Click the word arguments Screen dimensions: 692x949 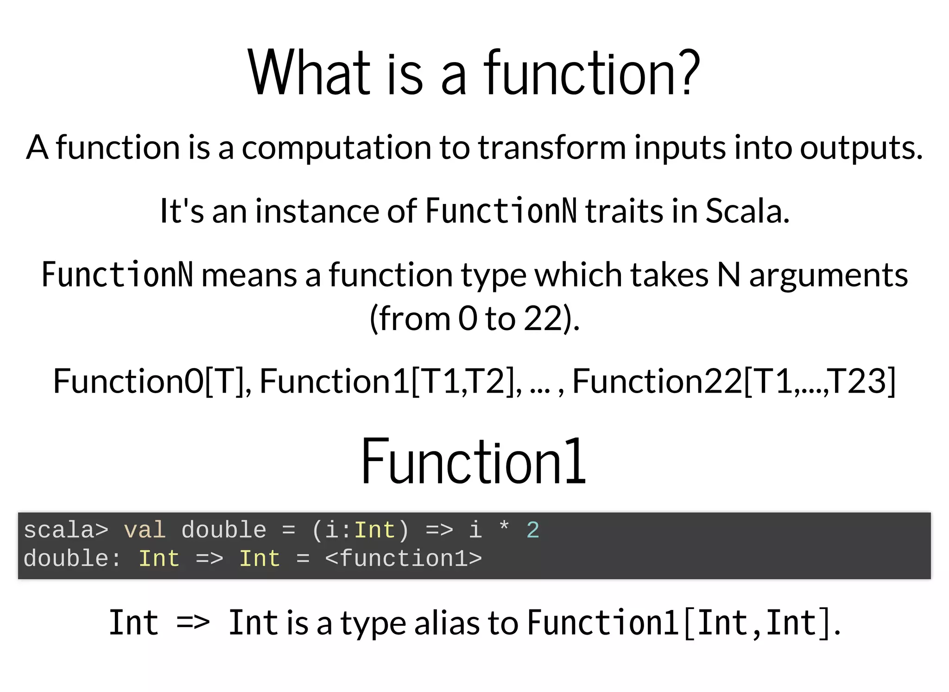828,275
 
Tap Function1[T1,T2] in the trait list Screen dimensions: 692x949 390,381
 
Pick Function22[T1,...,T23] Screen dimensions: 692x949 734,381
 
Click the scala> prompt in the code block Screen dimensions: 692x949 66,530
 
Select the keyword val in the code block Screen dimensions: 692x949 145,530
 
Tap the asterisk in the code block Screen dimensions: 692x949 504,527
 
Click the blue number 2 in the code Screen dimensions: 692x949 532,530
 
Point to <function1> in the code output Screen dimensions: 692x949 403,559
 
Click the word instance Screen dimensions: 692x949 317,211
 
